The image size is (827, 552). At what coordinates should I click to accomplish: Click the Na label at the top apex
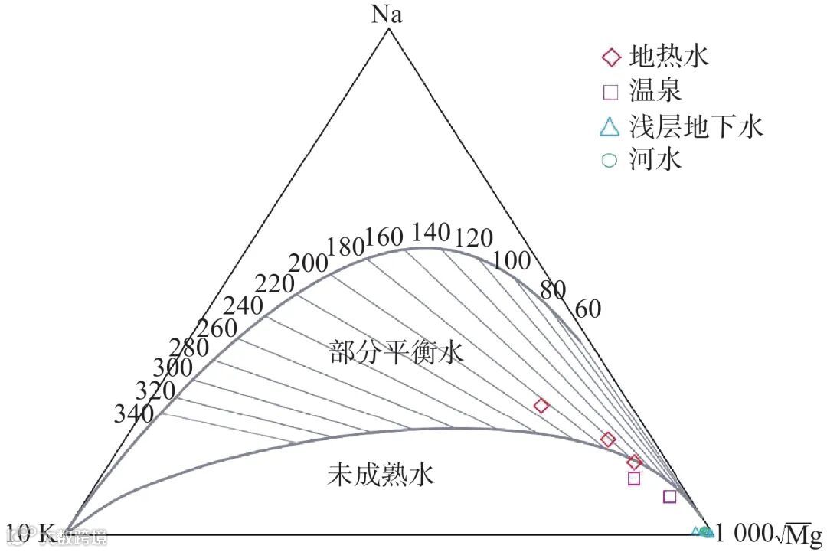coord(387,15)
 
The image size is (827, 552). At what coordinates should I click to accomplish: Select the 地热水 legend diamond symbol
coord(610,57)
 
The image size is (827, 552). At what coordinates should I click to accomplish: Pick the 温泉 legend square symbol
coord(610,92)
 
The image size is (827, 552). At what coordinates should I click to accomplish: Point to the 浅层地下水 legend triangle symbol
coord(610,126)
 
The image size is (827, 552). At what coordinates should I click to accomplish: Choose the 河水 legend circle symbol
coord(610,161)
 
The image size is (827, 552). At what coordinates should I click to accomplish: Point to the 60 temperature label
coord(588,309)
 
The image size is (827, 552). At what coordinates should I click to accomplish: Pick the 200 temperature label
coord(309,263)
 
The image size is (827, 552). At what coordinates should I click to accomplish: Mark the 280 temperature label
coord(190,348)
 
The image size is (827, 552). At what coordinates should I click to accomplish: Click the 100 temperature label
coord(512,260)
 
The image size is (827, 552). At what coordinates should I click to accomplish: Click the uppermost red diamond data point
coord(541,406)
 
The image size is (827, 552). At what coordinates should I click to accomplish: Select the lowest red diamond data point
coord(633,462)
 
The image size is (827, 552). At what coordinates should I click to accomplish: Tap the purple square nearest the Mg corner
coord(670,496)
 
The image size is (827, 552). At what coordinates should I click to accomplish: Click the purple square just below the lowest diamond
coord(633,479)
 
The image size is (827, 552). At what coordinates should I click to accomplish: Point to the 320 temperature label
coord(155,390)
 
